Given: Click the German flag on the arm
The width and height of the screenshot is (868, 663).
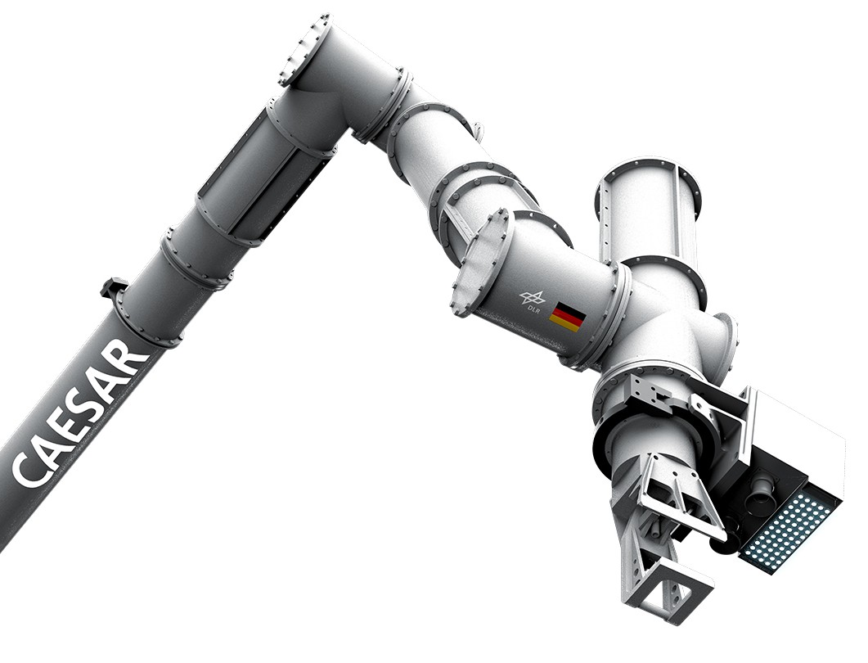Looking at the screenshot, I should (x=566, y=317).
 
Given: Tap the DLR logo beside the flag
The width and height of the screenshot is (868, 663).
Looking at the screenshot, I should (x=532, y=298).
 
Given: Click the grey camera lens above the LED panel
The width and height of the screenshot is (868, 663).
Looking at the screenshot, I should (x=762, y=492).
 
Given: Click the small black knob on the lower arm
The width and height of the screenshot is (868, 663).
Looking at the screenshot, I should (x=114, y=287).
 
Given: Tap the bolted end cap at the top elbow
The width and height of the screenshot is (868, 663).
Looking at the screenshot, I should (x=304, y=50).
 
